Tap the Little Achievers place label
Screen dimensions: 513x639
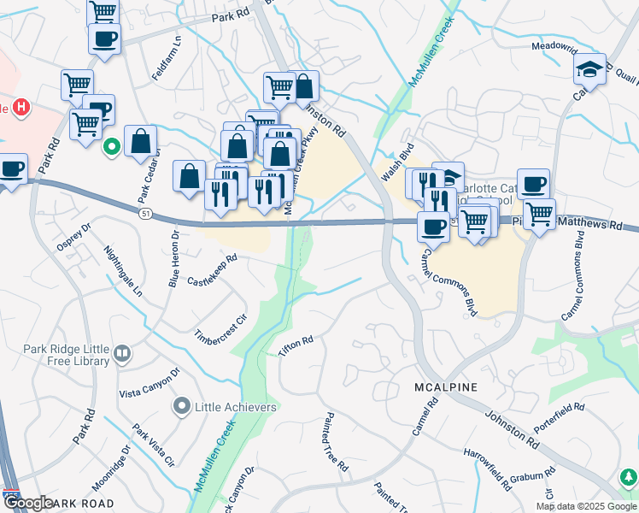point(237,407)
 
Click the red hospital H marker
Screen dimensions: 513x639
point(23,109)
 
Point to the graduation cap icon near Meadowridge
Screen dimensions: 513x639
point(589,69)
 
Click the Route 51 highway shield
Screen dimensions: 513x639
point(147,215)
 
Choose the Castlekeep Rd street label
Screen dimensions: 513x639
point(212,268)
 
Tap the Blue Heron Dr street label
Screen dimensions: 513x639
point(173,258)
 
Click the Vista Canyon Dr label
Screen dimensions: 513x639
point(150,382)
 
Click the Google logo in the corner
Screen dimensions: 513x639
point(29,503)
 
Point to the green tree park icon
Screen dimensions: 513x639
point(629,476)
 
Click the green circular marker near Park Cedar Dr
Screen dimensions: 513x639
point(111,148)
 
